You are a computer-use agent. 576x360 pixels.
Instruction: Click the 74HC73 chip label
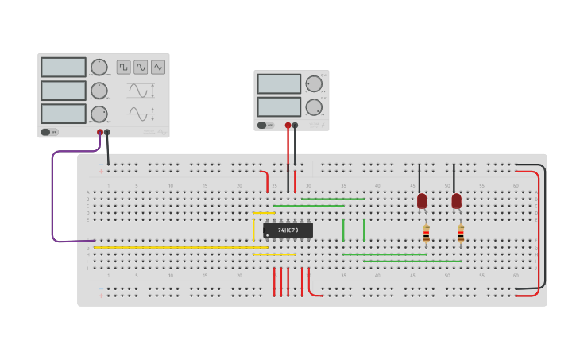click(x=288, y=230)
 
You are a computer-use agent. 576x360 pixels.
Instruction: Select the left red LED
click(x=422, y=201)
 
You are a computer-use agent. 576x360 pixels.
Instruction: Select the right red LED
click(x=457, y=201)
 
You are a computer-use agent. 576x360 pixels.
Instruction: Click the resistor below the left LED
click(x=426, y=234)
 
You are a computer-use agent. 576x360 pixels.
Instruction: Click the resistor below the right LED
click(x=461, y=234)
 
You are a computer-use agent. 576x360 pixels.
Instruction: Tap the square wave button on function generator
click(x=123, y=68)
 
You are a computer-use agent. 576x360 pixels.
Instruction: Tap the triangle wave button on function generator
click(x=157, y=68)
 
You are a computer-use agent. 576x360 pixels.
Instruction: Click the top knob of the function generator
click(x=99, y=68)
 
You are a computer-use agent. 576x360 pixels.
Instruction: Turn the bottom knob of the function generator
click(x=99, y=114)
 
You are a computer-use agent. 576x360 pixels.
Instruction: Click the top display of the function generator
click(x=64, y=68)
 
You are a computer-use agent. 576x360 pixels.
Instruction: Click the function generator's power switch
click(x=49, y=132)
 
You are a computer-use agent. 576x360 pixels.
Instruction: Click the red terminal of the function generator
click(x=100, y=133)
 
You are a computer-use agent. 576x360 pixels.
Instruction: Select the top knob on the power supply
click(x=314, y=83)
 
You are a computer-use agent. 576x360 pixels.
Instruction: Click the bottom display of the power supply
click(x=279, y=106)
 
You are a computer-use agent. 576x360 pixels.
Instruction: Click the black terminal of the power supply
click(x=295, y=125)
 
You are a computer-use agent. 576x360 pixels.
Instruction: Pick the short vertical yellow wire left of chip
click(x=253, y=227)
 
